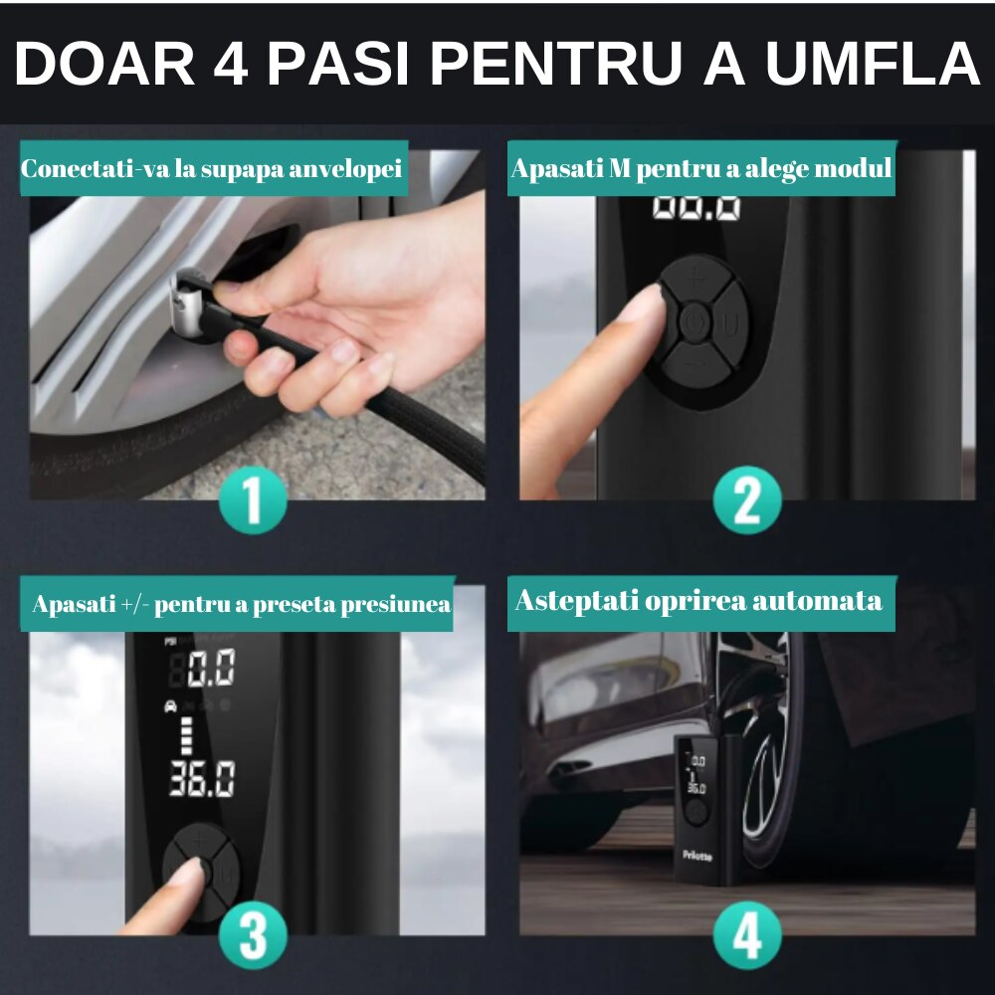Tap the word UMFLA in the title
[872, 65]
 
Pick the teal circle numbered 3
[252, 934]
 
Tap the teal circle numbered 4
[746, 934]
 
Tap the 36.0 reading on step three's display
[202, 779]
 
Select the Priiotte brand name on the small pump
[696, 853]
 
